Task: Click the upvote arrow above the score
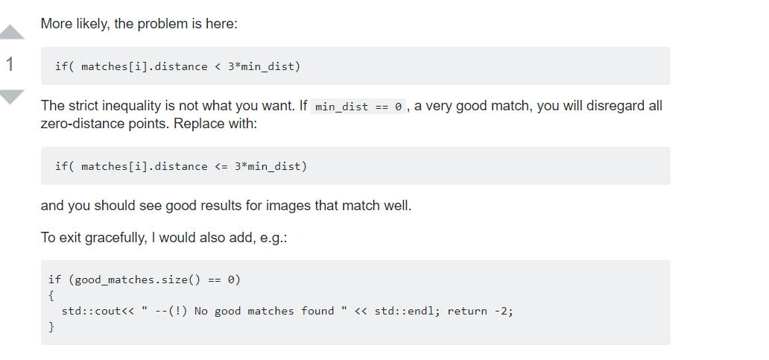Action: [x=12, y=32]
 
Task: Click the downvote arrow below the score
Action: [x=12, y=96]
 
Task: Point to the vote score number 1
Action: [x=10, y=65]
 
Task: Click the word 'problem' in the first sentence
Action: [x=166, y=24]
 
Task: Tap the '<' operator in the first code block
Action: [x=218, y=66]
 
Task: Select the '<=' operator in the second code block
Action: [x=221, y=166]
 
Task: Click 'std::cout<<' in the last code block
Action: [x=97, y=311]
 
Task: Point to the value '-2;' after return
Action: [x=503, y=311]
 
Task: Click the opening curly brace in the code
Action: [x=51, y=295]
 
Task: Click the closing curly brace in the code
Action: [x=51, y=326]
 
